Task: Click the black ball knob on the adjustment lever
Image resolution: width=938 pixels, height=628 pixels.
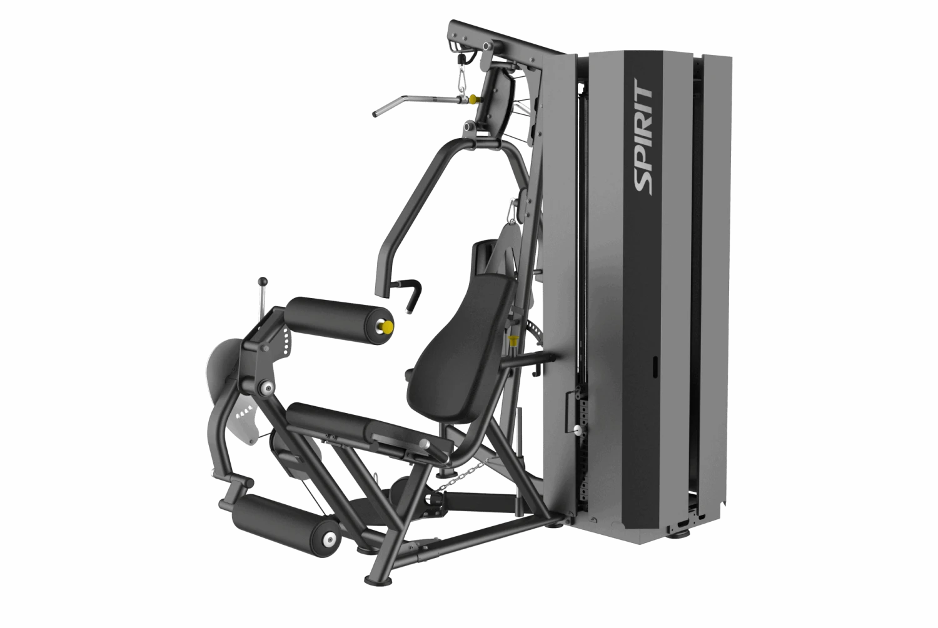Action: point(263,281)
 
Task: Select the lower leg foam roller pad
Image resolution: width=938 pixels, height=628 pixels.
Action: point(286,525)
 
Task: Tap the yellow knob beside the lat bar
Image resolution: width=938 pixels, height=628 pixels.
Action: point(473,99)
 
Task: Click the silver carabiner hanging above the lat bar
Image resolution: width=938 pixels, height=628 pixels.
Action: point(463,84)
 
